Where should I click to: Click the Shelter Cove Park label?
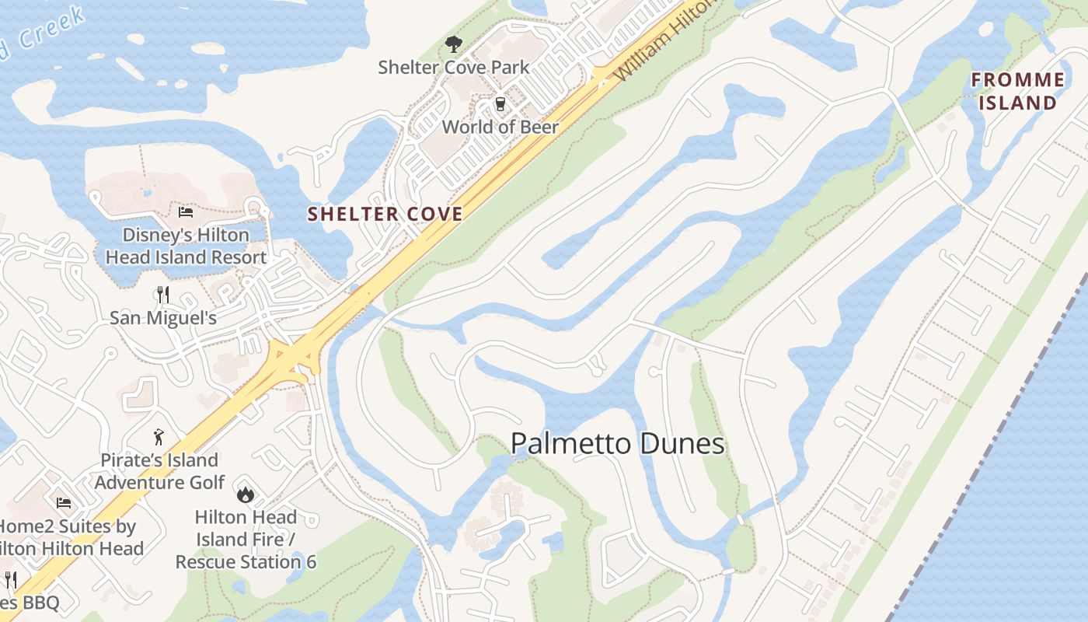[x=454, y=68]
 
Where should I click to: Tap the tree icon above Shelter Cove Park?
[x=453, y=44]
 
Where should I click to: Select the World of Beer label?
[x=500, y=127]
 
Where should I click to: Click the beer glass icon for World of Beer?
[x=500, y=104]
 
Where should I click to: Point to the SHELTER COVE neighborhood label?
[x=385, y=214]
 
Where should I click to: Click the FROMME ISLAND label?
[x=1017, y=91]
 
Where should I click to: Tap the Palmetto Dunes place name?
[x=618, y=444]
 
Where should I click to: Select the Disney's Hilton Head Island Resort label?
[x=186, y=246]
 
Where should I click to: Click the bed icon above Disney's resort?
[x=186, y=211]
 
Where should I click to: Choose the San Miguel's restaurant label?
[x=162, y=318]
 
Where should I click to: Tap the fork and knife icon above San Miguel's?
[x=162, y=295]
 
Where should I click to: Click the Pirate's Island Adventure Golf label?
[x=159, y=471]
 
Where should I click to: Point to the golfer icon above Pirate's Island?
[x=159, y=437]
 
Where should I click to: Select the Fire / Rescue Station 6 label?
[x=246, y=539]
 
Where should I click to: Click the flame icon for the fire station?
[x=246, y=494]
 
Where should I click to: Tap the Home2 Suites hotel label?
[x=70, y=537]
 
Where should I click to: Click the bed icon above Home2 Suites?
[x=64, y=503]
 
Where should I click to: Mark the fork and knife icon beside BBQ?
[x=11, y=580]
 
